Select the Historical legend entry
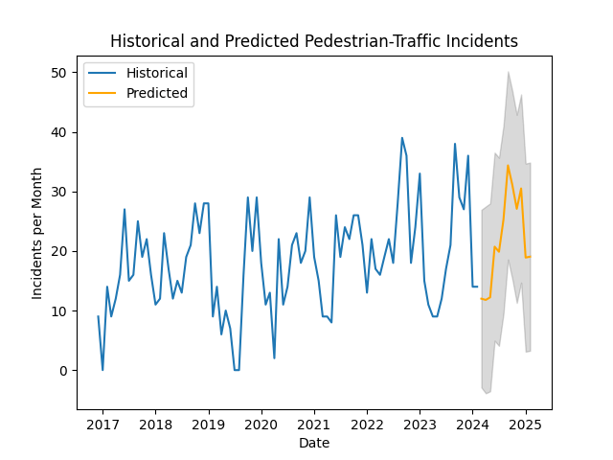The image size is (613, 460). point(157,73)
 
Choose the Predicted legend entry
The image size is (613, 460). point(157,94)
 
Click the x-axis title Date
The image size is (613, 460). point(314,442)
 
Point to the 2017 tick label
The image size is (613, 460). point(102,424)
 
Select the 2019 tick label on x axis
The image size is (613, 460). point(209,424)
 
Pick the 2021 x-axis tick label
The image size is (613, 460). point(314,424)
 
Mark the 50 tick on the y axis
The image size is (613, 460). point(59,73)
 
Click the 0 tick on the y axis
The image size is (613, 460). point(63,371)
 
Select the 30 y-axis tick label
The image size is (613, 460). point(59,192)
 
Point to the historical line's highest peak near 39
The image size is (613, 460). point(402,138)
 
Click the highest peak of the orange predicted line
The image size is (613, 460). point(508,166)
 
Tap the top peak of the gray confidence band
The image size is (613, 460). point(508,73)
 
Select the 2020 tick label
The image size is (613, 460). point(261,424)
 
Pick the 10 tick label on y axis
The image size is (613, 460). point(59,311)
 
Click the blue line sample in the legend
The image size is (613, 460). point(103,73)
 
